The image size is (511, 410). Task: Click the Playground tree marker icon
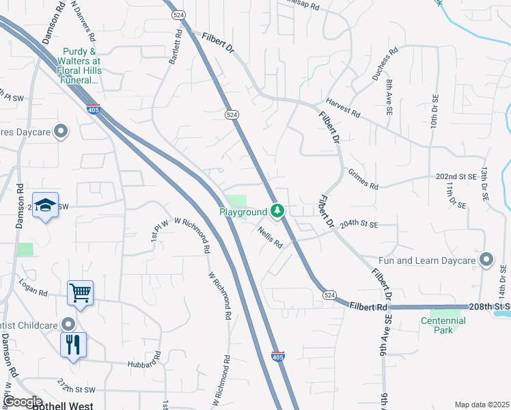277,211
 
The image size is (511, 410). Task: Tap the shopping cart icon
80,294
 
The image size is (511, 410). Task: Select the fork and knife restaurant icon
73,344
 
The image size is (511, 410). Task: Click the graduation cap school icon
45,205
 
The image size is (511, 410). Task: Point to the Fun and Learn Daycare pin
486,260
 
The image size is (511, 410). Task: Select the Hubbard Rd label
143,359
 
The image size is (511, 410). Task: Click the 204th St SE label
359,223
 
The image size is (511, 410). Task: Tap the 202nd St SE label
456,176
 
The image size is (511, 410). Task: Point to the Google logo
23,402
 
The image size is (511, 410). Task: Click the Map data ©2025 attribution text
482,405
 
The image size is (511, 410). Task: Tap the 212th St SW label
75,385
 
